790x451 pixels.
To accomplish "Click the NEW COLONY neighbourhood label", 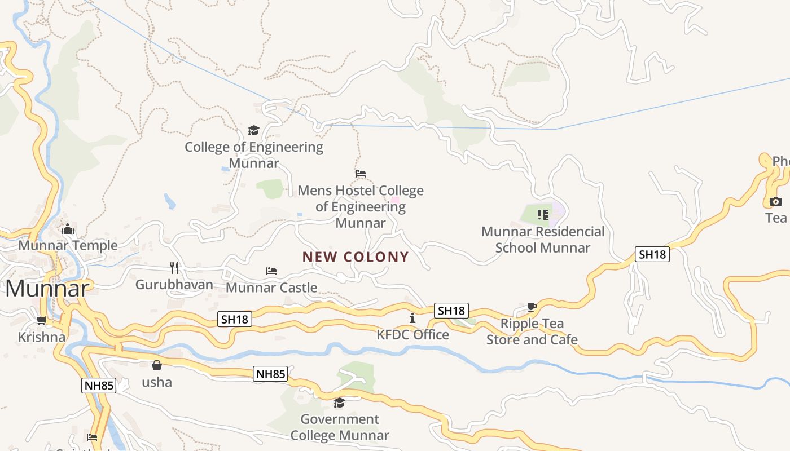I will (x=355, y=257).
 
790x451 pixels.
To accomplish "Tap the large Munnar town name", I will (x=47, y=289).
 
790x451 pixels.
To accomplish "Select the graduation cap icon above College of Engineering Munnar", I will (x=253, y=131).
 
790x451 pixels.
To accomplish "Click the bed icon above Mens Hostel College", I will (x=361, y=174).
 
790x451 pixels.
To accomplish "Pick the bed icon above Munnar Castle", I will (x=271, y=271).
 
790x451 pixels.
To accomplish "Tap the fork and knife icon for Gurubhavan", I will (x=174, y=267).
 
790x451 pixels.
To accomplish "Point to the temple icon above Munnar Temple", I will (x=68, y=229).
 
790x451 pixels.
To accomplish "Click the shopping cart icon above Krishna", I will (x=41, y=321).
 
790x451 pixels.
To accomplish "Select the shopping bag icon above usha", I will (x=157, y=365).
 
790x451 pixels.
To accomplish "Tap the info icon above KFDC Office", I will (x=412, y=318).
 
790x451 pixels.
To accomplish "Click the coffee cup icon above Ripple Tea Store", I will (x=532, y=307).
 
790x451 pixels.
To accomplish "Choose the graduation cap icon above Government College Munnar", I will (x=339, y=403).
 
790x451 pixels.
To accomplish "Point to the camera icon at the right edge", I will (x=776, y=201).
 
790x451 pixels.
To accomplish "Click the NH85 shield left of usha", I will (x=99, y=386).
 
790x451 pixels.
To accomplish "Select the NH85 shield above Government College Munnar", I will (x=271, y=373).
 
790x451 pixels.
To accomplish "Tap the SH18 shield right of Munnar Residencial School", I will (x=652, y=254).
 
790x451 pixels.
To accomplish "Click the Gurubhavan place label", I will (x=174, y=285).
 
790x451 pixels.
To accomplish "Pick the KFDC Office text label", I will (x=413, y=335).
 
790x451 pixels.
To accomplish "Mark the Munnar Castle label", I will (x=271, y=288).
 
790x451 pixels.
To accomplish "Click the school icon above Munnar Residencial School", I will (x=542, y=214).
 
